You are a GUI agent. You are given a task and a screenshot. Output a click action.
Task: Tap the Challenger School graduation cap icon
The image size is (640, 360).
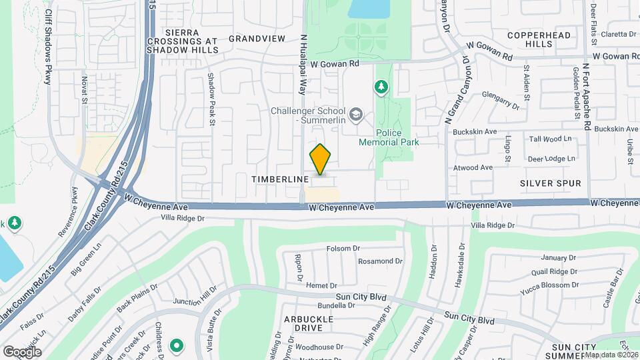pyautogui.click(x=356, y=115)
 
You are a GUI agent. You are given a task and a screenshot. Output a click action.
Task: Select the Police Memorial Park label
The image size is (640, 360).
pyautogui.click(x=389, y=137)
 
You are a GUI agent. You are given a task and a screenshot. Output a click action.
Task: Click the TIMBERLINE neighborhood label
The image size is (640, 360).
pyautogui.click(x=280, y=179)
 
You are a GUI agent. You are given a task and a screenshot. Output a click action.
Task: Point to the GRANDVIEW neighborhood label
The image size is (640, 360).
pyautogui.click(x=257, y=39)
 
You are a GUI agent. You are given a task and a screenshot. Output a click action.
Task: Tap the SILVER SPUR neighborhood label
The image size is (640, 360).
pyautogui.click(x=551, y=183)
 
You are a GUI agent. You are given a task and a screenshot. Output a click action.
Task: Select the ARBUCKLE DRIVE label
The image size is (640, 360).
pyautogui.click(x=309, y=323)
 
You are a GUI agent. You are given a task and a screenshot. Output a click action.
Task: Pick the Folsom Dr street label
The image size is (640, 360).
pyautogui.click(x=343, y=249)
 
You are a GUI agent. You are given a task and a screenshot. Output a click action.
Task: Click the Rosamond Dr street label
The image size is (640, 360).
pyautogui.click(x=381, y=261)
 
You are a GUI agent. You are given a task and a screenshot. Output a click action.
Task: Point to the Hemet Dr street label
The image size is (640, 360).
pyautogui.click(x=322, y=285)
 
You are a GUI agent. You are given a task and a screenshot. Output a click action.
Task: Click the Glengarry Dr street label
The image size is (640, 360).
pyautogui.click(x=500, y=99)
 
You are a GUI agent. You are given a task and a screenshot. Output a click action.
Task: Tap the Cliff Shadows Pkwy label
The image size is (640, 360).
pyautogui.click(x=48, y=47)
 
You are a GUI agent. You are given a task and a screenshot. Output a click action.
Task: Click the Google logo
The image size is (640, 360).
pyautogui.click(x=22, y=351)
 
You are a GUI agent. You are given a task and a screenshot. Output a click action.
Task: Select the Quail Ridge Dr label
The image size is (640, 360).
pyautogui.click(x=554, y=271)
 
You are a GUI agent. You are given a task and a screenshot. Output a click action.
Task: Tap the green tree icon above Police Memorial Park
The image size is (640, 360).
pyautogui.click(x=381, y=86)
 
